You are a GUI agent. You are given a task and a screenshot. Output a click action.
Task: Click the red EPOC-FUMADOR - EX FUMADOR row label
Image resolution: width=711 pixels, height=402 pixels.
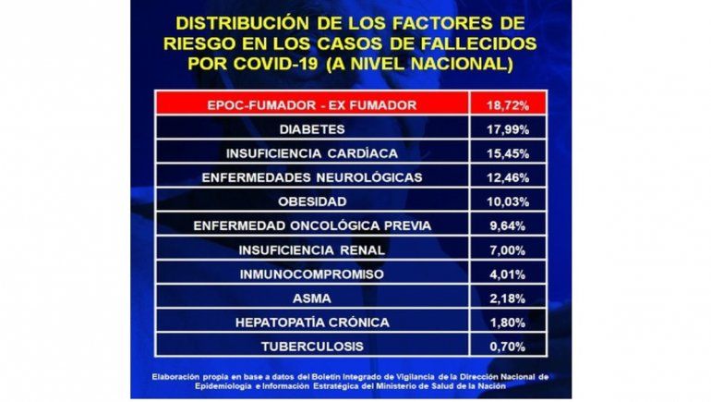[x=311, y=105]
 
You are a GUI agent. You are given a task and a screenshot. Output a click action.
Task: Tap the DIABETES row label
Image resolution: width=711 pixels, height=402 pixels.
[x=311, y=129]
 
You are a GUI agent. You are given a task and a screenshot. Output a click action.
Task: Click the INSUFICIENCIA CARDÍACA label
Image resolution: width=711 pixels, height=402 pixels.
[x=311, y=153]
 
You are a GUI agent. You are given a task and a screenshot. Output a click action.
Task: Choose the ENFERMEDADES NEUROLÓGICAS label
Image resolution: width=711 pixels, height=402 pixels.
[x=311, y=177]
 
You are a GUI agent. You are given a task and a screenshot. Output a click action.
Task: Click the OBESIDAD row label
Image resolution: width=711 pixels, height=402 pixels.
[x=311, y=201]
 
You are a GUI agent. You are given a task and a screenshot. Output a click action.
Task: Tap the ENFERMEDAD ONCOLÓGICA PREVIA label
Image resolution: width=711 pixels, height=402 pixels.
[x=311, y=225]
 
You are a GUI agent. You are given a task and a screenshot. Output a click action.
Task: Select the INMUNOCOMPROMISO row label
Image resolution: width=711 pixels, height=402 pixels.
[x=311, y=274]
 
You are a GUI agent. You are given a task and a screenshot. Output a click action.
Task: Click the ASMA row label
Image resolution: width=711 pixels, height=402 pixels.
[x=311, y=298]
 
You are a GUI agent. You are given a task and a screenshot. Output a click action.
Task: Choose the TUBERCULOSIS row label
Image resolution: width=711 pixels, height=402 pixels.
[x=311, y=347]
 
